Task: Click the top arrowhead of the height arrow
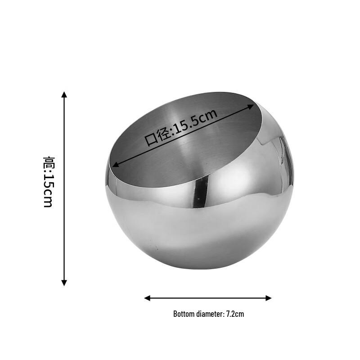tap(64, 94)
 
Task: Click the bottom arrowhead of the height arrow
tap(64, 283)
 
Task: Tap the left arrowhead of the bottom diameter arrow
tap(147, 298)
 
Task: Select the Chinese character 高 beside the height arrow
tap(48, 162)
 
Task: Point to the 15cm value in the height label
tap(48, 191)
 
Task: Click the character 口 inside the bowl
tap(151, 139)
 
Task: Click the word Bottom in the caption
tap(184, 314)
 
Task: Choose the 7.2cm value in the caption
tap(235, 314)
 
